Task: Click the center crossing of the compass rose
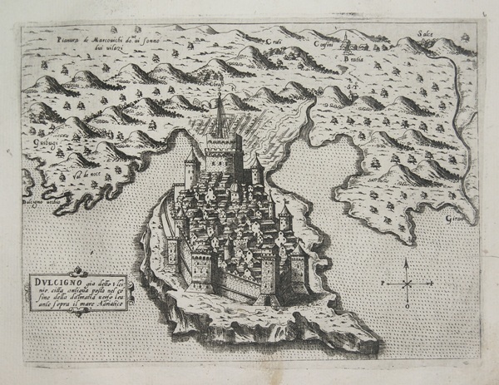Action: [407, 283]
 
